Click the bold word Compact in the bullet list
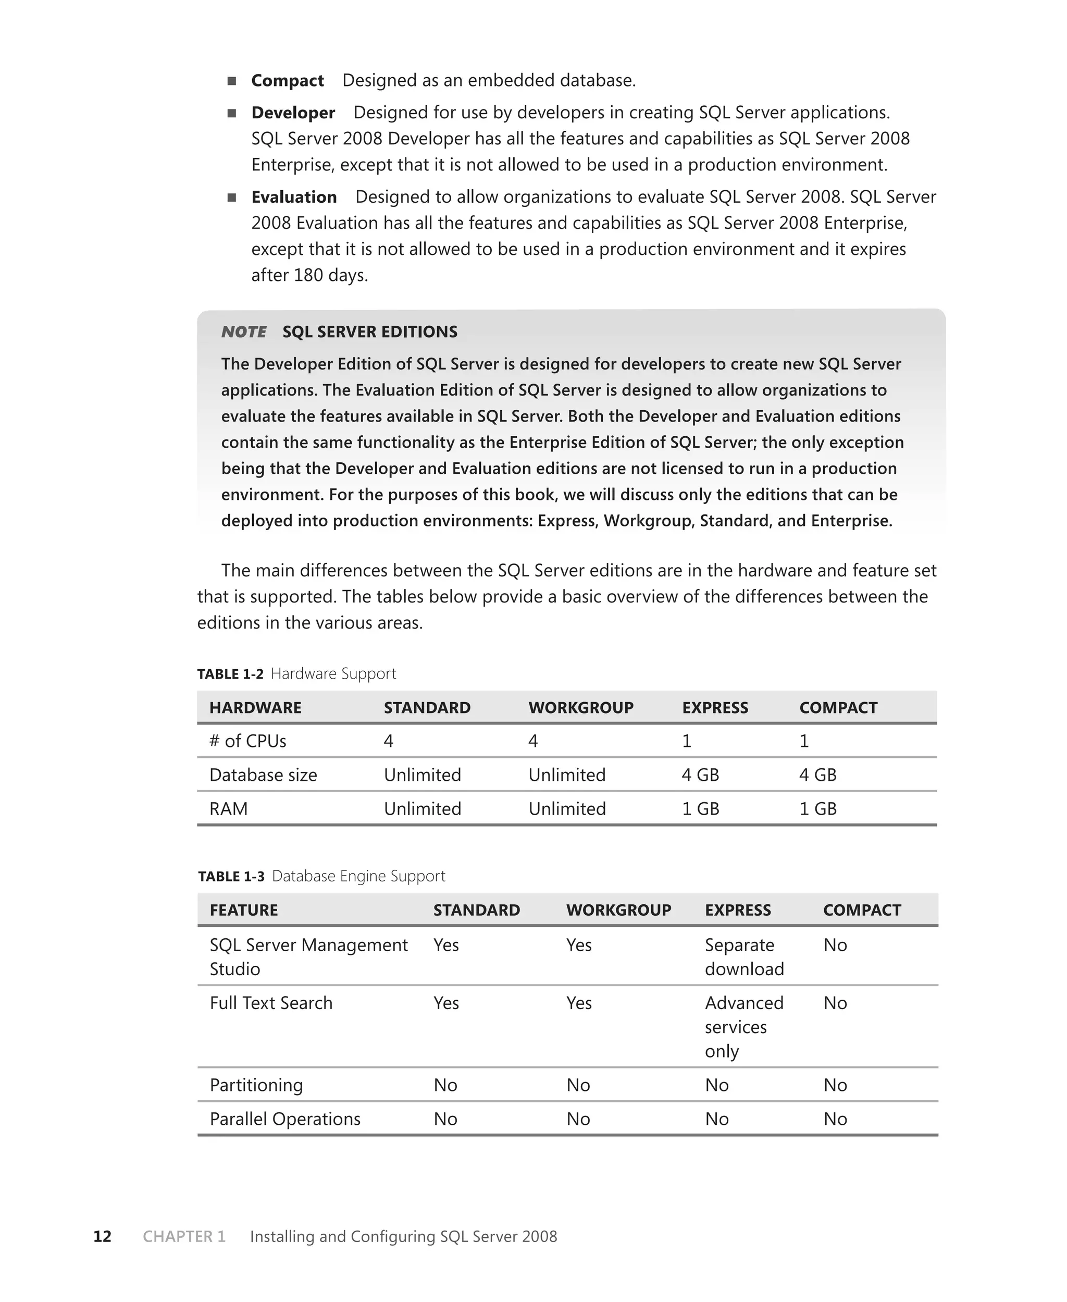(287, 81)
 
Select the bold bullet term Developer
(293, 113)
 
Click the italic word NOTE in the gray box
(243, 332)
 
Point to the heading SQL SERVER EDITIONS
(369, 332)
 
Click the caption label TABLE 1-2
(230, 674)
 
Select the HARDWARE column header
(255, 708)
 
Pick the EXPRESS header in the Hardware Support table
(715, 708)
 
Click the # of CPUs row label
(247, 741)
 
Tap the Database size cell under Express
(700, 775)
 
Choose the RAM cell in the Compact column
(817, 808)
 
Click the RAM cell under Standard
(422, 808)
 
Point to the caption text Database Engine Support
(358, 876)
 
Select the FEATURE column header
(243, 910)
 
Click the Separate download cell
(743, 956)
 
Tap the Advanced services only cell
(743, 1027)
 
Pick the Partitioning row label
(256, 1085)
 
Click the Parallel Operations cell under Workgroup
(578, 1119)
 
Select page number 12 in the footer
(102, 1236)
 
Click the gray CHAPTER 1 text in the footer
(184, 1236)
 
